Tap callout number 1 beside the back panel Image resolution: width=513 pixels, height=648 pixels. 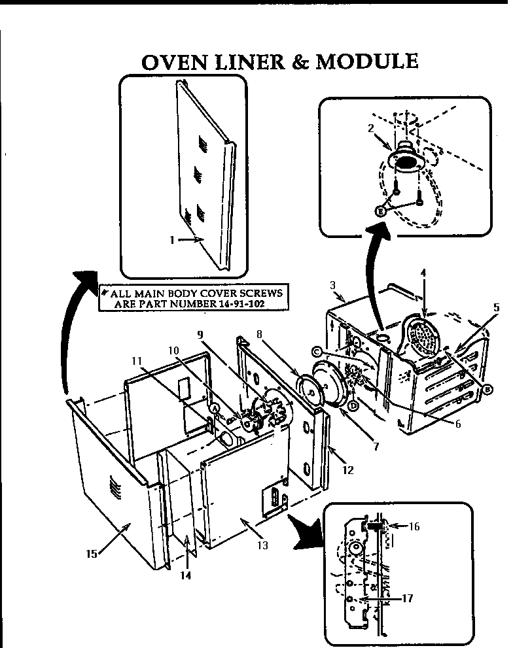[172, 240]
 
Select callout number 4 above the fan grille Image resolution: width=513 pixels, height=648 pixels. [423, 272]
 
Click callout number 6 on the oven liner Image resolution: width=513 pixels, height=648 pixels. [457, 423]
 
